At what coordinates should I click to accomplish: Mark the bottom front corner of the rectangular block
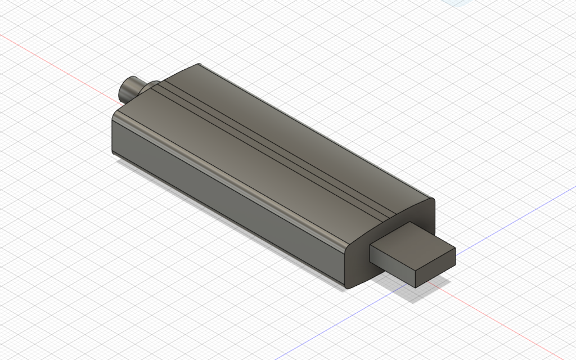[416, 287]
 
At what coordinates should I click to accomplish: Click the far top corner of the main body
[199, 64]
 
